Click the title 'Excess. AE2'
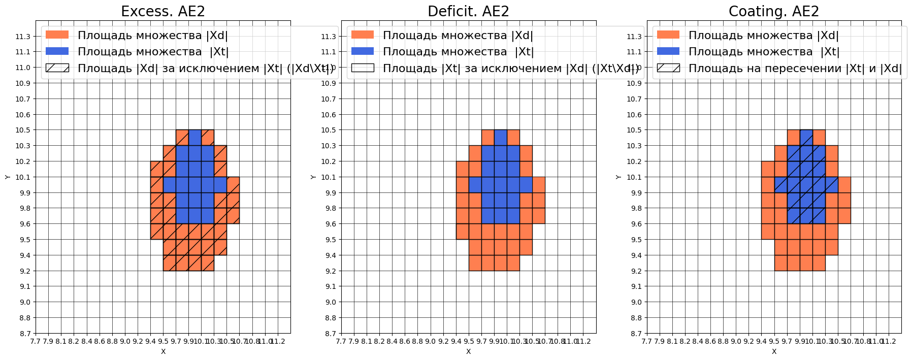[163, 11]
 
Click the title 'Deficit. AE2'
[468, 11]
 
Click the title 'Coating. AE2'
[774, 11]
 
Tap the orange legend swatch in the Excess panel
[57, 35]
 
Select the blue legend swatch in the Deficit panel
[363, 51]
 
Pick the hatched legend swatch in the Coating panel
[668, 68]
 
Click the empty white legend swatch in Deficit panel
[363, 68]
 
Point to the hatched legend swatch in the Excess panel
[57, 68]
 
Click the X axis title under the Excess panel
[163, 351]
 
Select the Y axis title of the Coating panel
[618, 177]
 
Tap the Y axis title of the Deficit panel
[313, 177]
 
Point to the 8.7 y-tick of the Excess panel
[23, 334]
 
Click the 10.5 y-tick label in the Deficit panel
[329, 130]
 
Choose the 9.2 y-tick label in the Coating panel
[635, 271]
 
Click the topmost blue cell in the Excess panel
[195, 138]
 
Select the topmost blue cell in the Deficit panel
[500, 138]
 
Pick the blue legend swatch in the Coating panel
[668, 51]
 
